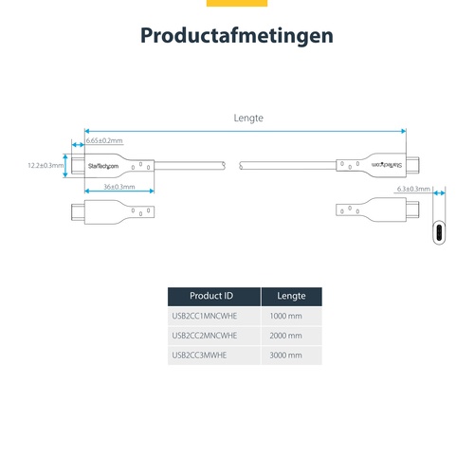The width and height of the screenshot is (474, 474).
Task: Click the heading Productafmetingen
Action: (x=236, y=36)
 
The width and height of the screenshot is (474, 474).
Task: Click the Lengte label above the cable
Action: (x=247, y=118)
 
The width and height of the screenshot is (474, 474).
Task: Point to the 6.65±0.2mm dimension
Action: (x=104, y=140)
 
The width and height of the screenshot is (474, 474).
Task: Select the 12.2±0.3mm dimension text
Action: (x=46, y=166)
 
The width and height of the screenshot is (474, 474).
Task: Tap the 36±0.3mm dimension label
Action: (x=118, y=187)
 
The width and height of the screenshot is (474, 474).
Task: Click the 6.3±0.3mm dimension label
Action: (x=413, y=189)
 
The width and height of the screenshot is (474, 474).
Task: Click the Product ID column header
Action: (x=211, y=296)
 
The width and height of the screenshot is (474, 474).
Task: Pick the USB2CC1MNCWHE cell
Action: (x=204, y=316)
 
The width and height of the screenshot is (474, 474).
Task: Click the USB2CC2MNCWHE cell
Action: (x=204, y=336)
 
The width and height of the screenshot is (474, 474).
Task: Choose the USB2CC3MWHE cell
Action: (x=200, y=355)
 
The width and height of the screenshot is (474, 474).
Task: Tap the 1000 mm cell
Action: (x=286, y=316)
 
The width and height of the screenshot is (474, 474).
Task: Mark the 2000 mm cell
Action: (x=286, y=336)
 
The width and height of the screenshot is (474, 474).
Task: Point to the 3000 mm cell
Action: (x=286, y=355)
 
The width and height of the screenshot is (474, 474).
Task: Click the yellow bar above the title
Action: (x=236, y=3)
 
